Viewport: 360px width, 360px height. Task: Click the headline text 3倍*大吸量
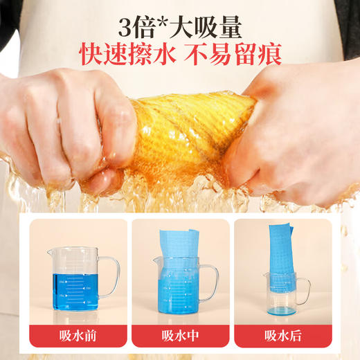[x=179, y=30]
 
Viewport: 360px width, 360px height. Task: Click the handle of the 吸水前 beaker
[x=111, y=277]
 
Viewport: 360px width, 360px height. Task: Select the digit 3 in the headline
[x=125, y=30]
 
